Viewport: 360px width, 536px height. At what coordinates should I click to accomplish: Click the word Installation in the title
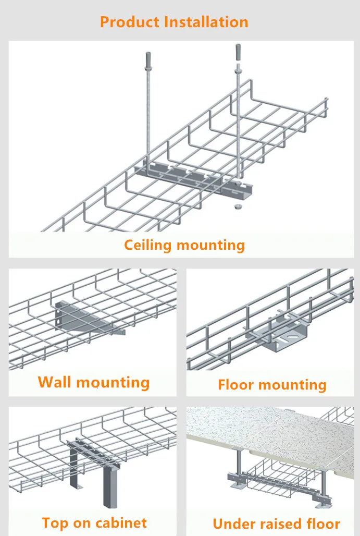(206, 22)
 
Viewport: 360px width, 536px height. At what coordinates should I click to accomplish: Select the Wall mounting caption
(94, 382)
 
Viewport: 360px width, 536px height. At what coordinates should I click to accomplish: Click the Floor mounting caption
(272, 385)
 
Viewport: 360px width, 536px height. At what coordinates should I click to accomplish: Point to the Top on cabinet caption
(94, 522)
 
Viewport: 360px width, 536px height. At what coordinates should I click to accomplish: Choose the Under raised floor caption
(276, 523)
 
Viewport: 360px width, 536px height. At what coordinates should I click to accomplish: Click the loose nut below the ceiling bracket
(237, 207)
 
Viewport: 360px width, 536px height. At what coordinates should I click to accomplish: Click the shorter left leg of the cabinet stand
(73, 469)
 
